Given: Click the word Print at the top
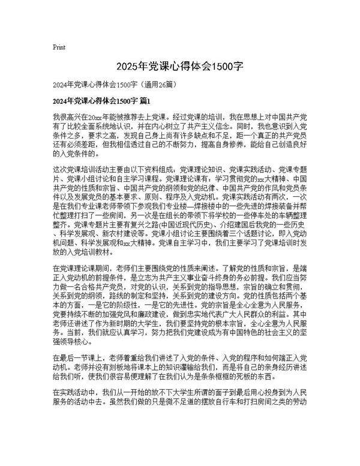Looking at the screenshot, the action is [x=59, y=47].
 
